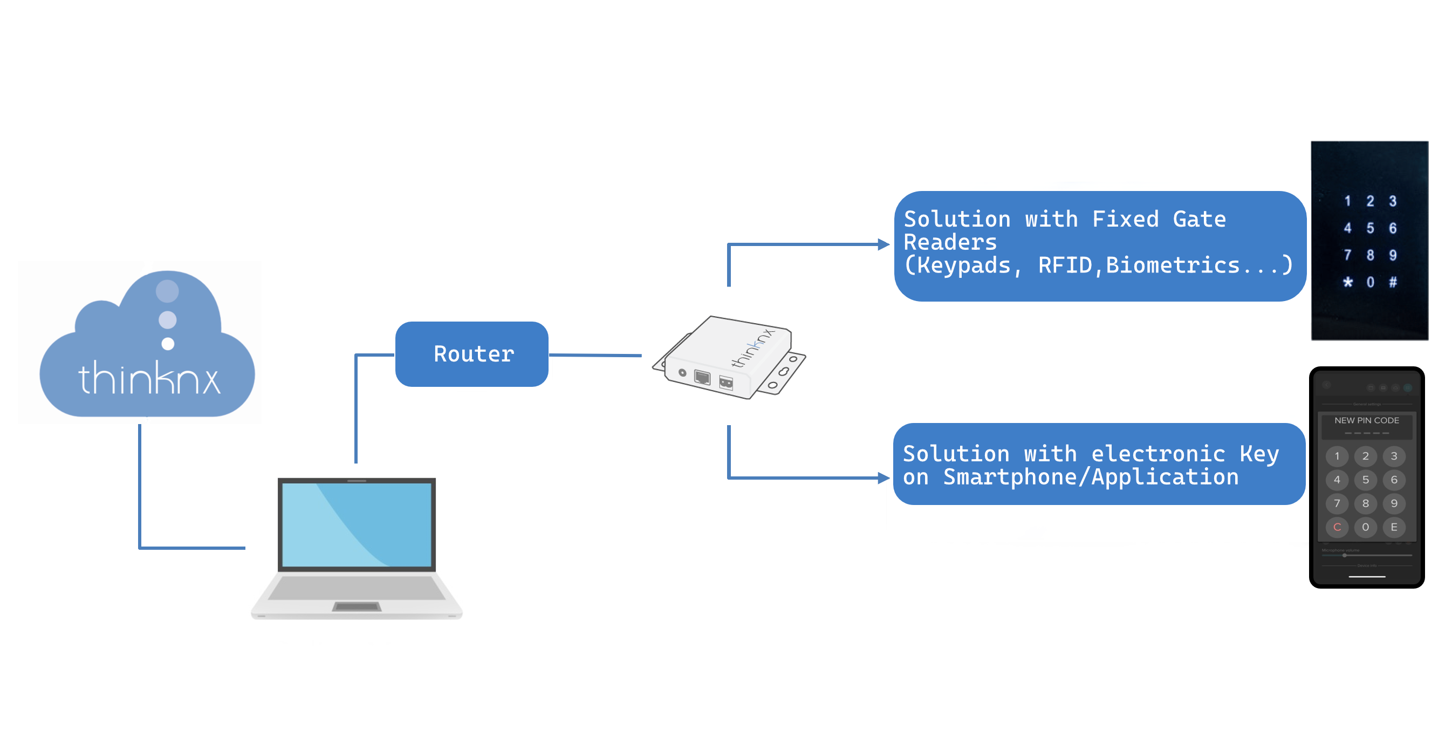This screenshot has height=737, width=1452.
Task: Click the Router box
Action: [472, 354]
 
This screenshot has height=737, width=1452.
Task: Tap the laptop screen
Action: [357, 524]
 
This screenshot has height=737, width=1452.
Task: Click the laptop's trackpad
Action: [357, 607]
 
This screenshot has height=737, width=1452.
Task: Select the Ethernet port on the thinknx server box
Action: [702, 377]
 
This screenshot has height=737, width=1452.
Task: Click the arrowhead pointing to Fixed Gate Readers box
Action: [883, 245]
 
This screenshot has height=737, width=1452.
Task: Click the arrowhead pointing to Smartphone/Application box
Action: [883, 478]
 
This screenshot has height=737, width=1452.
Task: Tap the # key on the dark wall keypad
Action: [1392, 282]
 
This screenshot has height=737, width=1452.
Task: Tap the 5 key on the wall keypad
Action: [1369, 228]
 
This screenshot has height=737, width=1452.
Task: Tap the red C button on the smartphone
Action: [1337, 527]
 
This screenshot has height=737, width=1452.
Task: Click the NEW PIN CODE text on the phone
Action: [1366, 420]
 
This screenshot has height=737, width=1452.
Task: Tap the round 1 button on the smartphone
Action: [1337, 455]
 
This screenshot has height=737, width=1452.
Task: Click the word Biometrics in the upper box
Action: [1173, 265]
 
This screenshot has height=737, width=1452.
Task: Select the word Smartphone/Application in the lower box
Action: [1091, 477]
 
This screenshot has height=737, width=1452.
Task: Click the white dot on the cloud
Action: [168, 343]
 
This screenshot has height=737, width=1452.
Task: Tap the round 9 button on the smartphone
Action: [1393, 503]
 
